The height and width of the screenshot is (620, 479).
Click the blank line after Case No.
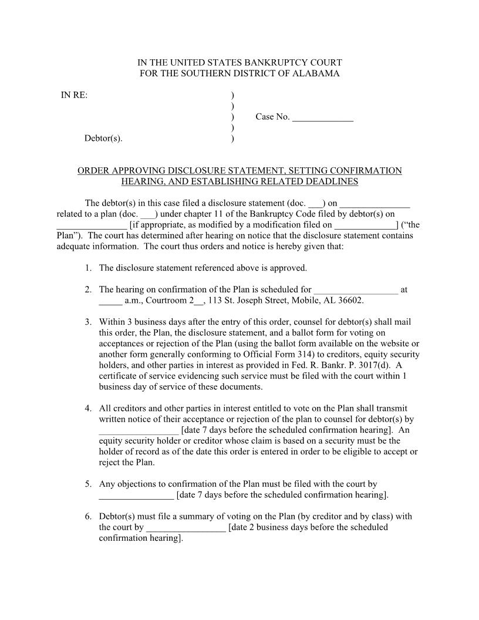click(x=322, y=117)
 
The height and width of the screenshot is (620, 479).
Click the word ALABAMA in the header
click(x=317, y=73)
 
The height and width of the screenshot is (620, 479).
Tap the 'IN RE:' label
click(x=75, y=95)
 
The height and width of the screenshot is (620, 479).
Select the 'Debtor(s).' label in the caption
click(x=103, y=139)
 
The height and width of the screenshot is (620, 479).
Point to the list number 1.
click(x=87, y=268)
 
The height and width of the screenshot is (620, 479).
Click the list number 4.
click(x=87, y=409)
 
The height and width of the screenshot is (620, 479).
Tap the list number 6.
click(x=87, y=517)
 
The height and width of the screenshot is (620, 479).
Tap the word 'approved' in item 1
click(x=288, y=268)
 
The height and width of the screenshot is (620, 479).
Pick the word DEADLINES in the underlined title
click(x=329, y=182)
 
